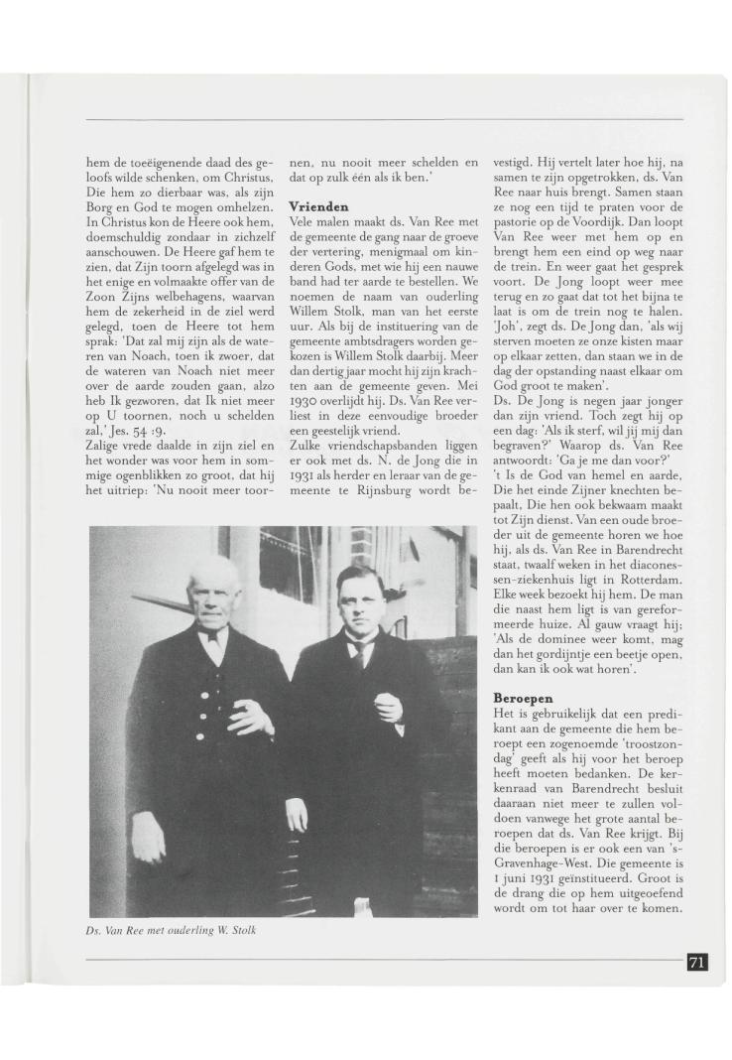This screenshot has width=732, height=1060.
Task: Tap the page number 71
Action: pos(696,961)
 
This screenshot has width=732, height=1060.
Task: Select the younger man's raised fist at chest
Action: pos(389,707)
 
